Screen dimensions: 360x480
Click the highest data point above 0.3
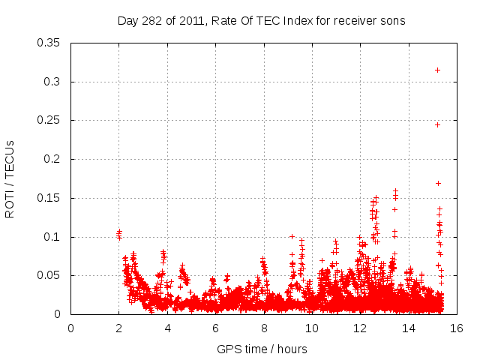point(437,70)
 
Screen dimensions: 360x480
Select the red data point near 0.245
point(437,124)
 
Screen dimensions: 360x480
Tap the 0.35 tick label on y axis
point(49,42)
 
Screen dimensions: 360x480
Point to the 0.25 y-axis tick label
point(49,120)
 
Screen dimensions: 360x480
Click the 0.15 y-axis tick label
point(49,198)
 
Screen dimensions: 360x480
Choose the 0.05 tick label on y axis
point(49,275)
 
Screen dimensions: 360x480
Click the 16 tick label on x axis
point(456,328)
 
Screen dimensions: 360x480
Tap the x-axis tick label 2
point(118,328)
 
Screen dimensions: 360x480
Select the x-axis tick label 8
point(263,328)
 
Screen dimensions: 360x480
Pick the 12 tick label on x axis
point(360,328)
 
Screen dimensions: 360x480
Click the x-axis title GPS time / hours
point(262,349)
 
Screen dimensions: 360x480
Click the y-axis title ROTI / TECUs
point(10,178)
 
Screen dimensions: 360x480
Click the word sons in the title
point(392,20)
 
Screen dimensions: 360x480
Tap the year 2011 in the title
point(191,20)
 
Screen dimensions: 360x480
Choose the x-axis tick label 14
point(408,328)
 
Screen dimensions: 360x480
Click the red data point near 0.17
point(438,183)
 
